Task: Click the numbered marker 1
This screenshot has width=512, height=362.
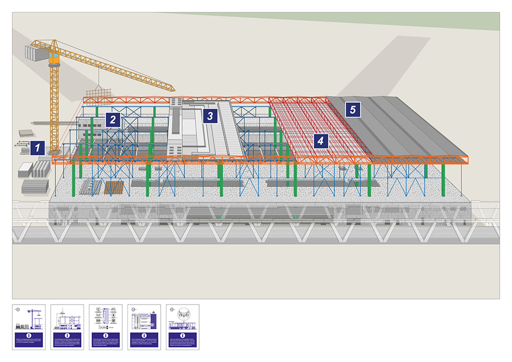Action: point(37,147)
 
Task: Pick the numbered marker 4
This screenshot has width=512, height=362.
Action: point(321,140)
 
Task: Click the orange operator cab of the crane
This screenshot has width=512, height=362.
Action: point(53,59)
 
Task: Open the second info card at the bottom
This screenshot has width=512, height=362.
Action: point(67,327)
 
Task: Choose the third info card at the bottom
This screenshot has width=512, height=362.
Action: point(105,327)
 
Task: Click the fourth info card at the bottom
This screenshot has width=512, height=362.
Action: point(144,327)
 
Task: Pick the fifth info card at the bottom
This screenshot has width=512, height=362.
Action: point(182,327)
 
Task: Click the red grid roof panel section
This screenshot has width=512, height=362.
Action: point(307,128)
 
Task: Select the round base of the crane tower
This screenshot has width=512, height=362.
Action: point(53,152)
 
